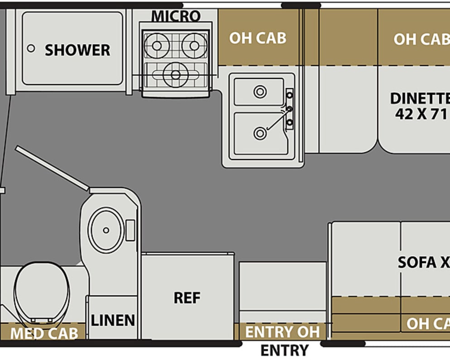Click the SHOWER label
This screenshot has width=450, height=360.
77,50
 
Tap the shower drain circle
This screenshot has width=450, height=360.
31,48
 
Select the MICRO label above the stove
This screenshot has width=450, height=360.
176,16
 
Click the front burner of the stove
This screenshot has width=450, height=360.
175,74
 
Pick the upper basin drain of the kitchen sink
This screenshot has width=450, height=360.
260,92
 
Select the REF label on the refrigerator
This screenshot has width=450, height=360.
187,298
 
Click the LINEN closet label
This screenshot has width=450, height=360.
113,320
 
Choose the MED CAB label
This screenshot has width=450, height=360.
44,334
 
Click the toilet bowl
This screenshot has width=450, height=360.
42,289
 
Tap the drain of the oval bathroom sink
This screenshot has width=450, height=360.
106,230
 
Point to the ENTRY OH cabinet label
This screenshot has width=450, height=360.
282,332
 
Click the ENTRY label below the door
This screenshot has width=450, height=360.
284,350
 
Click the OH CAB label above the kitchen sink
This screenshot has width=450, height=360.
258,38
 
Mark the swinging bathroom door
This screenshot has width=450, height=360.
52,167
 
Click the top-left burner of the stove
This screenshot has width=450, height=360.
157,45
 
